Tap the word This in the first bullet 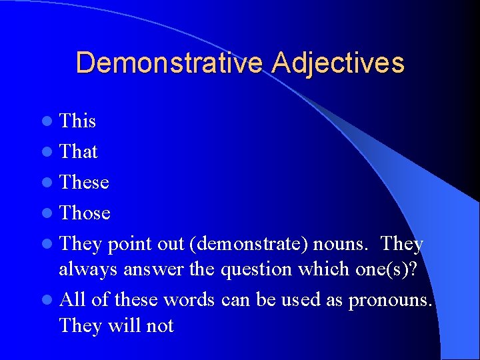78,121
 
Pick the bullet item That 79,152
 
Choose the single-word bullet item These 84,182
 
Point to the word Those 85,213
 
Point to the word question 260,270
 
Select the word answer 148,270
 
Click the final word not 159,326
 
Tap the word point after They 130,245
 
